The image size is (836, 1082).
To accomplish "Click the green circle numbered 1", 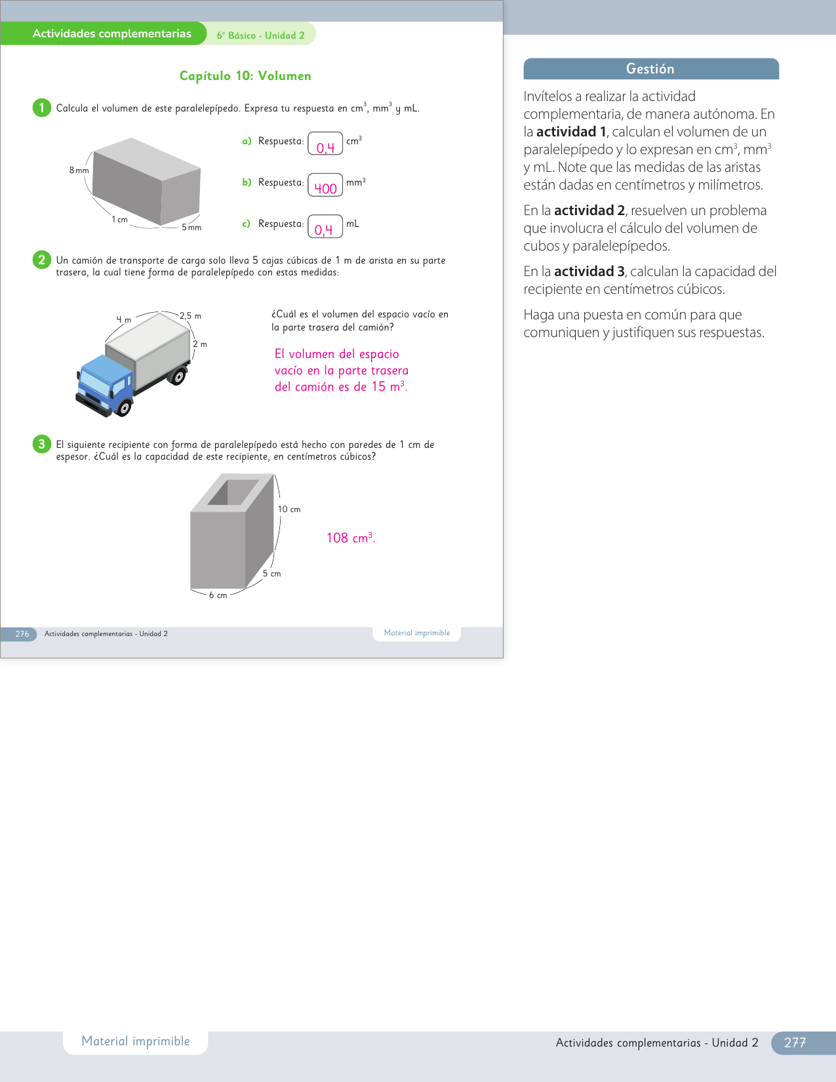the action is tap(42, 108).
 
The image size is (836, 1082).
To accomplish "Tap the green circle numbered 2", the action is tap(42, 260).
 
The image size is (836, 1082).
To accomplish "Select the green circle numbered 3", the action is tap(42, 444).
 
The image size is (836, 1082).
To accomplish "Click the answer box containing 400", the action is tap(325, 185).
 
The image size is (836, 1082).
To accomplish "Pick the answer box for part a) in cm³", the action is tap(325, 144).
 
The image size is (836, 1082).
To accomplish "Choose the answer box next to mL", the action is tap(325, 226).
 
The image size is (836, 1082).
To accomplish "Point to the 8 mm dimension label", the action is tap(79, 170).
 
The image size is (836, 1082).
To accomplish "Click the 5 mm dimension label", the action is tap(191, 228).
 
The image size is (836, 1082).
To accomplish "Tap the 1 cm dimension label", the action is tap(119, 220).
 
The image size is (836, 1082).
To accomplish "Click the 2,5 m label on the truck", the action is tap(190, 315).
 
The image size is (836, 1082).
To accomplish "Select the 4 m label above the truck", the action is tap(123, 319).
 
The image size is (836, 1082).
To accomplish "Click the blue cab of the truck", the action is tap(106, 382).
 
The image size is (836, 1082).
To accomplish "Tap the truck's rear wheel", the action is tap(177, 376).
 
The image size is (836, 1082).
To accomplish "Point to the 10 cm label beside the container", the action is tap(289, 510).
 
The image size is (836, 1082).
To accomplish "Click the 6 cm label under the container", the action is tap(218, 595).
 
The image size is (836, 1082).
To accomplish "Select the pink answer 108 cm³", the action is tap(351, 538).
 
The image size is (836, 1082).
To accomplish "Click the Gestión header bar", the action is tap(651, 69).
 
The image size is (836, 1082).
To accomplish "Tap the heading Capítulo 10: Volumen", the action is tap(245, 75).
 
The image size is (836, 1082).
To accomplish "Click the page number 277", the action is tap(795, 1043).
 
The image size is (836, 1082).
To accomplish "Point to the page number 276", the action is tap(22, 634).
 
